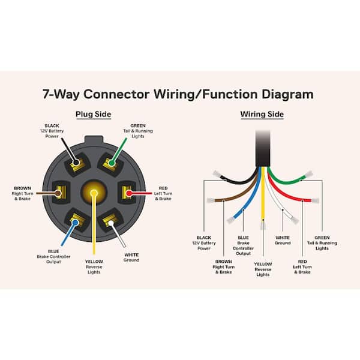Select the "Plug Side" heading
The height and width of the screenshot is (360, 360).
93,114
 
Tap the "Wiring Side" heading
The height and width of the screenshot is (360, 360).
262,114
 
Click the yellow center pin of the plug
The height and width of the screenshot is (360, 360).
93,193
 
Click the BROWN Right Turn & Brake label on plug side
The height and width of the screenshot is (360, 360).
22,193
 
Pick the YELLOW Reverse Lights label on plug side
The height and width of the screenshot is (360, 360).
94,267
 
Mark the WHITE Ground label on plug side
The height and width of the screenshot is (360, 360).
131,257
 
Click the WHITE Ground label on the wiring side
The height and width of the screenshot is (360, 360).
282,240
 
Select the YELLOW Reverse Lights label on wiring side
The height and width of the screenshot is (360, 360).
263,269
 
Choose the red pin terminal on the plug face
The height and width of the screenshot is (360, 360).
127,193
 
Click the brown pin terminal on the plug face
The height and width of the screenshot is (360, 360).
60,193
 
